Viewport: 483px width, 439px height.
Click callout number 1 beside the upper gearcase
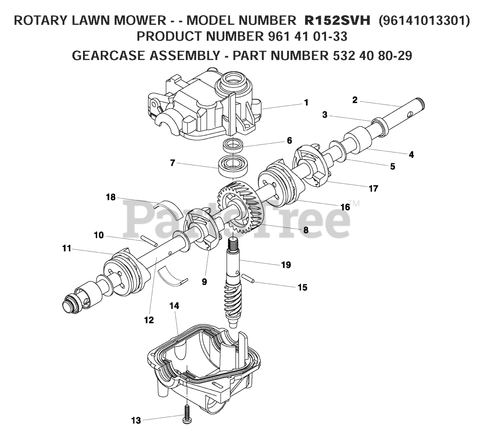pos(306,103)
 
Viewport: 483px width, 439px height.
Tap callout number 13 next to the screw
pos(136,420)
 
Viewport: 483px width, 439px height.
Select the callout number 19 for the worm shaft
pos(286,265)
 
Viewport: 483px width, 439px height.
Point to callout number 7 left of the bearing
pos(172,163)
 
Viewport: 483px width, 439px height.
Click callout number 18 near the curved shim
pos(111,197)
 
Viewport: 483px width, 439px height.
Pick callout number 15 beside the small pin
pos(302,288)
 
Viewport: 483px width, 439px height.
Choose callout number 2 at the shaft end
pos(354,100)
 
